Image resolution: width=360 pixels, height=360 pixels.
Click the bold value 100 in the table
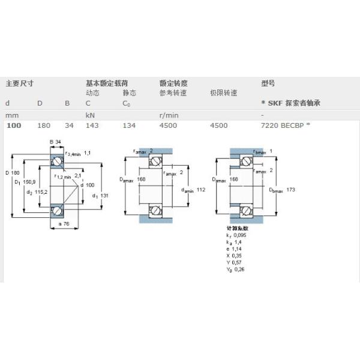click(13, 125)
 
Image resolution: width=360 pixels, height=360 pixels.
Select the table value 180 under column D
click(44, 125)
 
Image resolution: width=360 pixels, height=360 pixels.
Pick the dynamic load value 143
click(92, 125)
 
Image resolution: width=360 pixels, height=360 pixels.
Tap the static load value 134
click(129, 125)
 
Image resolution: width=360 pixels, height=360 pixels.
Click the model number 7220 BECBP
click(283, 125)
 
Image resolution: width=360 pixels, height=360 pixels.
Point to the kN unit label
click(90, 114)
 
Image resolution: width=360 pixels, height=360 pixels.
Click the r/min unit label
click(169, 114)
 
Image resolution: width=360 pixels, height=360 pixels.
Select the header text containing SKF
click(291, 103)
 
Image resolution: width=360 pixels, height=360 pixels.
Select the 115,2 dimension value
click(40, 192)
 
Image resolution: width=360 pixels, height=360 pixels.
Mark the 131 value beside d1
click(104, 196)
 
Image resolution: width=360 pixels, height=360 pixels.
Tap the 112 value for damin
click(201, 190)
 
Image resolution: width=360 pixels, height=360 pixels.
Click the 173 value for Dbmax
click(292, 190)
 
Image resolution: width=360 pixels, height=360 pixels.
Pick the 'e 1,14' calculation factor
click(235, 248)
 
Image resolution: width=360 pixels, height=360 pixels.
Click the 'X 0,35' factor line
click(235, 255)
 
